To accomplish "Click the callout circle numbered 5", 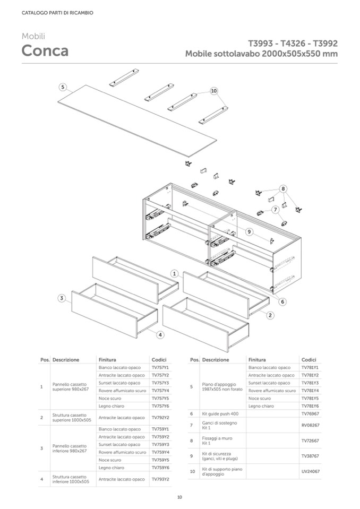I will (63, 87).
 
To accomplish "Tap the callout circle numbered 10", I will (214, 91).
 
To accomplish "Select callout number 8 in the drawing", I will (284, 188).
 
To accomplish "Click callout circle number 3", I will (62, 298).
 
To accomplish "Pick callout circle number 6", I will (282, 301).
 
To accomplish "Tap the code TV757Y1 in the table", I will (160, 367).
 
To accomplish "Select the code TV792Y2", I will (160, 418).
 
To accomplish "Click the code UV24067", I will (310, 471).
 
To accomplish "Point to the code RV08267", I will (310, 425).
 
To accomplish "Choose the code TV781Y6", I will (310, 406).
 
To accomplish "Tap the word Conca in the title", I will (45, 51).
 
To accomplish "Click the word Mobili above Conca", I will (33, 36).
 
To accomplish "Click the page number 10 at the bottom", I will (180, 497).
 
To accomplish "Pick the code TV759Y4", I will (160, 452).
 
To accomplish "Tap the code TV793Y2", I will (160, 479).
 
